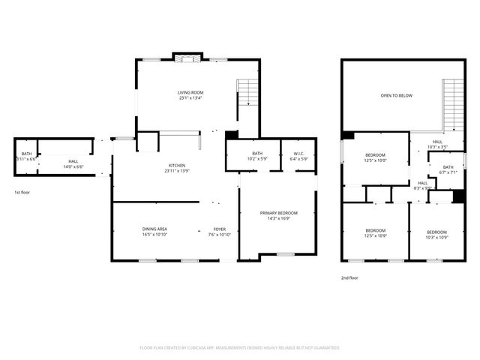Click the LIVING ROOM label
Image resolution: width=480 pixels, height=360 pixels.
[x=190, y=92]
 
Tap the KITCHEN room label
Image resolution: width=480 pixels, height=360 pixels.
[x=177, y=165]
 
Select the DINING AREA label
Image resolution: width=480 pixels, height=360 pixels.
[x=154, y=229]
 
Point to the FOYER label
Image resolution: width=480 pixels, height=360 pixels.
[x=220, y=229]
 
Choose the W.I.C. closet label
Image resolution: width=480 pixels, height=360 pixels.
[x=298, y=153]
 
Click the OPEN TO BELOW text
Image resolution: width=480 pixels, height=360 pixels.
[x=396, y=96]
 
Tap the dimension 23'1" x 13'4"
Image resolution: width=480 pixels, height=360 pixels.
[x=190, y=98]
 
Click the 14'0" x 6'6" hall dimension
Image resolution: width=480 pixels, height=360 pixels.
[x=73, y=166]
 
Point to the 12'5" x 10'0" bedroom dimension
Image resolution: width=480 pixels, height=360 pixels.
[x=375, y=160]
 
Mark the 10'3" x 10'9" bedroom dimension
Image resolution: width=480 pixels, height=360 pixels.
[x=436, y=237]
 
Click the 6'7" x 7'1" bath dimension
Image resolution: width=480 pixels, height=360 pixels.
[x=448, y=173]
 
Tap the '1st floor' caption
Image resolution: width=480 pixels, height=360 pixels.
[x=22, y=193]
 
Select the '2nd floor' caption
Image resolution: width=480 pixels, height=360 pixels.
[x=349, y=278]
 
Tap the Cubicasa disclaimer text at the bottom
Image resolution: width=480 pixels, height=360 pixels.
[x=240, y=348]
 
